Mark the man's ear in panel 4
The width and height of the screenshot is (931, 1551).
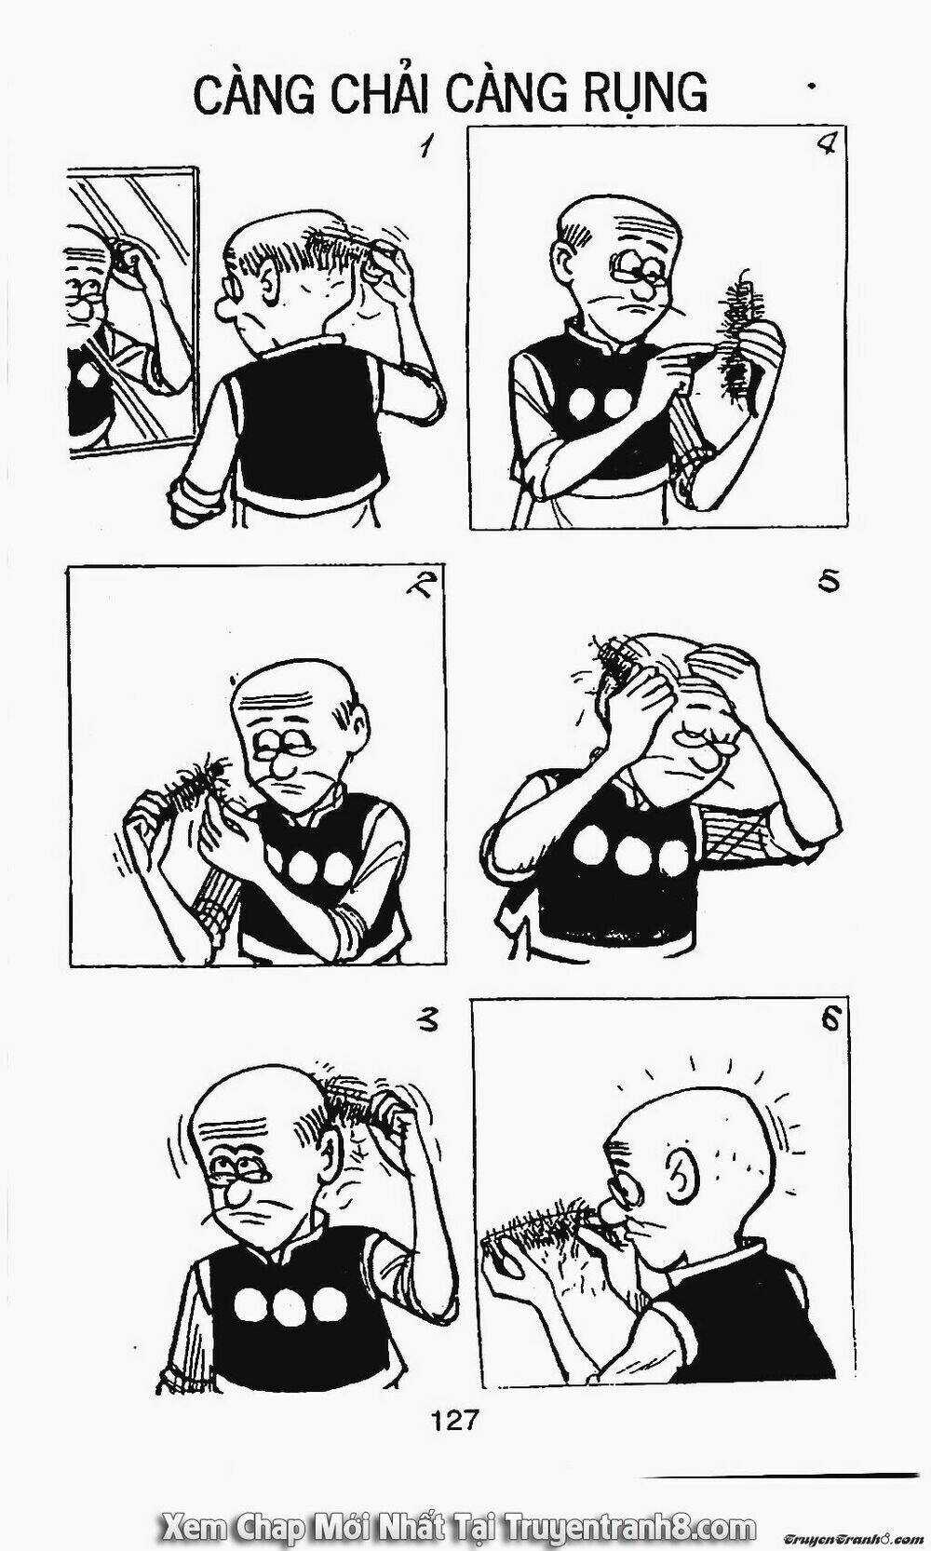[x=571, y=263]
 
